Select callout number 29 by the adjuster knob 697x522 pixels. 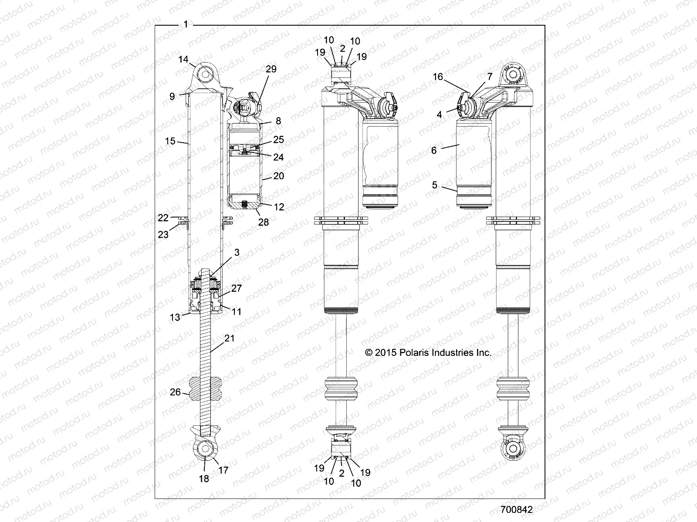point(271,69)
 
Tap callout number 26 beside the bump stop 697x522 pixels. point(175,392)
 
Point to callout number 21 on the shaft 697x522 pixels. point(230,338)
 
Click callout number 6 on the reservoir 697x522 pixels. point(434,151)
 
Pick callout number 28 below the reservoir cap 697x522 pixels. point(264,222)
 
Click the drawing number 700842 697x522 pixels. point(517,509)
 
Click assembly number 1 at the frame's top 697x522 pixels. point(186,25)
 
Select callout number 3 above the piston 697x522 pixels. point(237,252)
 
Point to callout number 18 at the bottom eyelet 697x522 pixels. point(204,478)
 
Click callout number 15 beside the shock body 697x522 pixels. point(170,141)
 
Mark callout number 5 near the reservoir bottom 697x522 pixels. point(435,185)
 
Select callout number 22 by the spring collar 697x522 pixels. point(163,217)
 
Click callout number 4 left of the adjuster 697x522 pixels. point(440,115)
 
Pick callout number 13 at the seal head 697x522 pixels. point(175,318)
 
